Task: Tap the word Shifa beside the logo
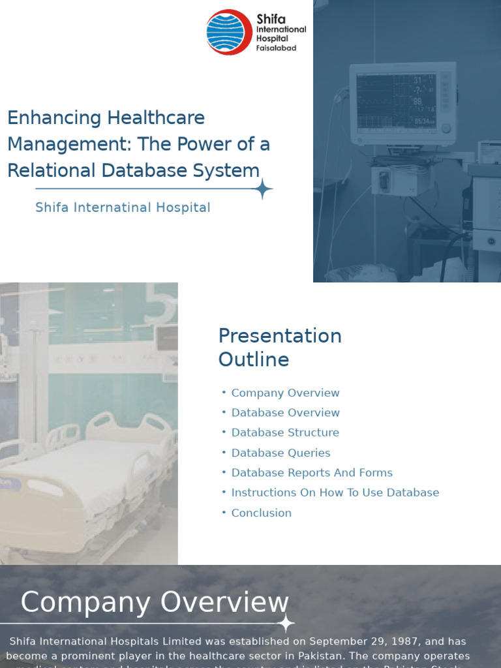[x=270, y=19]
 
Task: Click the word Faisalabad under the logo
[x=277, y=48]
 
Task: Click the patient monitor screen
[x=397, y=101]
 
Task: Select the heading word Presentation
[x=280, y=336]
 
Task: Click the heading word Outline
[x=254, y=359]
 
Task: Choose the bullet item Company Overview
[x=285, y=393]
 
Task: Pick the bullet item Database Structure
[x=285, y=433]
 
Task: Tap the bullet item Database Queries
[x=281, y=453]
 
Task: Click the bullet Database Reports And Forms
[x=312, y=473]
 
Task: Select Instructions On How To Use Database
[x=335, y=493]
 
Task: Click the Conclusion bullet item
[x=261, y=513]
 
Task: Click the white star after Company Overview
[x=285, y=623]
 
